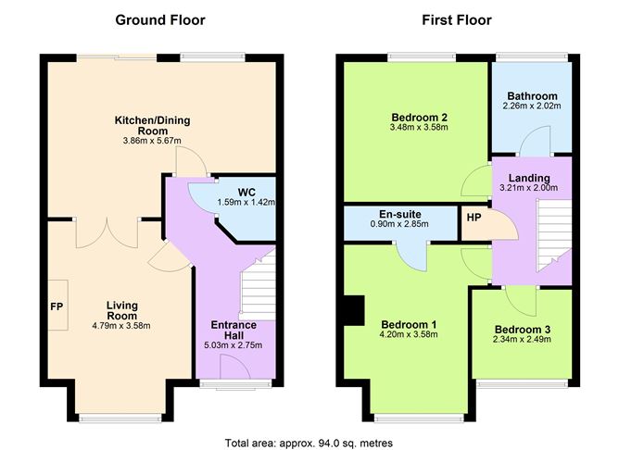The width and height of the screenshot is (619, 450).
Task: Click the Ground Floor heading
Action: point(159,19)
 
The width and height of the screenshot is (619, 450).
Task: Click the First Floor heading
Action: point(457,19)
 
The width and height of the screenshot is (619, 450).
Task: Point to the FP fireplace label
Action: point(56,305)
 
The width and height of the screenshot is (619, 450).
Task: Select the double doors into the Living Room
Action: point(108,231)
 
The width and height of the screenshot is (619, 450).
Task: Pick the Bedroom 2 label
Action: point(420,118)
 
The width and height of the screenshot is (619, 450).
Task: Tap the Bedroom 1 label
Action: point(409,324)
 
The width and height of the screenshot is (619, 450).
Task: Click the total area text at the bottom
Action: point(309,443)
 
